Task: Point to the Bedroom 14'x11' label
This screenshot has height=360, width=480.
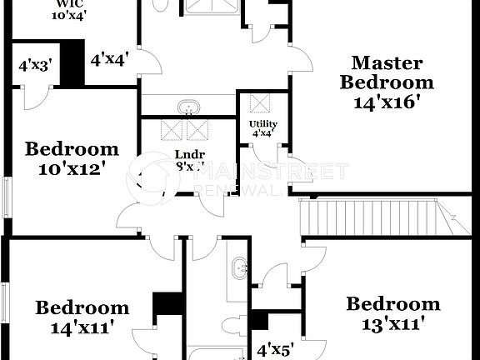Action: [82, 317]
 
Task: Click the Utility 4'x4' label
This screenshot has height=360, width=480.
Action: [264, 127]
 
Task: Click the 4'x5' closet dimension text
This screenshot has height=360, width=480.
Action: [275, 350]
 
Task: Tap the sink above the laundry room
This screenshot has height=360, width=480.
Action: [188, 107]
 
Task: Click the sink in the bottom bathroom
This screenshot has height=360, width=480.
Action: [240, 267]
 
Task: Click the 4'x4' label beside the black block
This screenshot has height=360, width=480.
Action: [109, 59]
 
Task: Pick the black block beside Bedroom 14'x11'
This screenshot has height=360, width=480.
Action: [169, 302]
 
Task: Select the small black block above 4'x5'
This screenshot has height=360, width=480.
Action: [259, 320]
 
